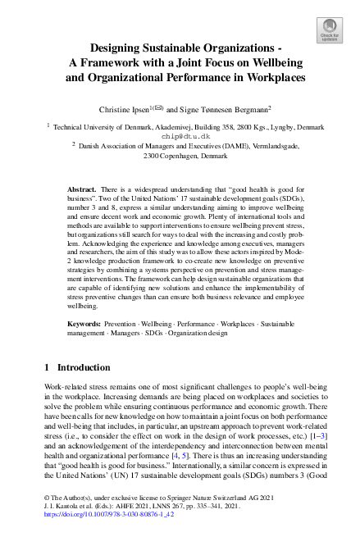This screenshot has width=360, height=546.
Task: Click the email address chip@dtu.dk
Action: coord(180,136)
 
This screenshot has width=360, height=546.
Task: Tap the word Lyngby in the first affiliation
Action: coord(272,127)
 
